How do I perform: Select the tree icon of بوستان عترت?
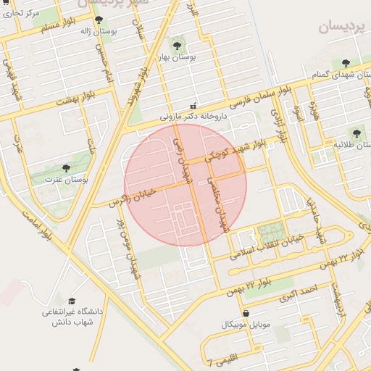(67, 168)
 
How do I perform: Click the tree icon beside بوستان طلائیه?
(356, 133)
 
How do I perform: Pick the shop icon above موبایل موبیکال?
(246, 312)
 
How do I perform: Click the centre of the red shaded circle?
(185, 185)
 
